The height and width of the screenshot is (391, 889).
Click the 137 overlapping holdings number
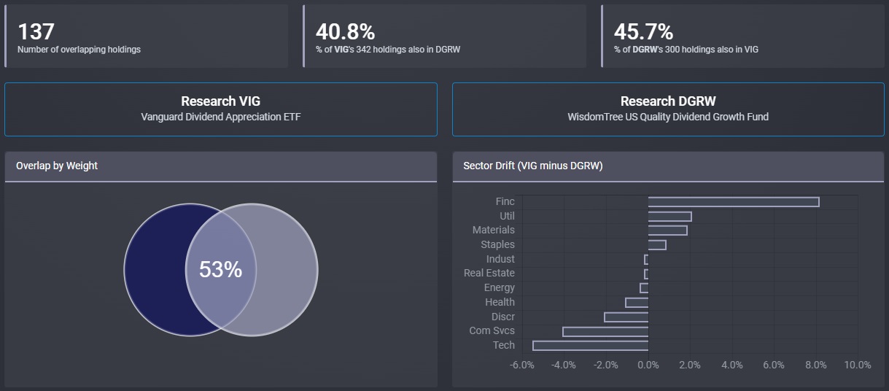36,32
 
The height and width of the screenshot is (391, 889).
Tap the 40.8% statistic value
345,32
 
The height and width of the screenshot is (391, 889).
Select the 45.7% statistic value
643,32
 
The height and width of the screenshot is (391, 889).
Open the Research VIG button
220,109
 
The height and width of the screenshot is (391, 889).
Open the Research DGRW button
668,109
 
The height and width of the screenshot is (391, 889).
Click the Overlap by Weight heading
57,166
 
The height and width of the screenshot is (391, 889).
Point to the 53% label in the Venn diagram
220,270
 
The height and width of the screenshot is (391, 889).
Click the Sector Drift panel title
533,166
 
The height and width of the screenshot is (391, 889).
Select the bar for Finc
733,201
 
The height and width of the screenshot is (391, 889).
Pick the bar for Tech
590,345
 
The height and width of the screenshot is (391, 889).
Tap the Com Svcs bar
605,331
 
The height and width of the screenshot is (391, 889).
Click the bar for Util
669,216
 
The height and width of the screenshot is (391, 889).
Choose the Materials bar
667,231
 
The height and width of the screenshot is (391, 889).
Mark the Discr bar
626,317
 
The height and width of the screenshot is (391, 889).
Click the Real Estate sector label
489,273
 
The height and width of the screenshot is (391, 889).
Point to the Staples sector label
497,244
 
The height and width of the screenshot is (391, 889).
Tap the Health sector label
500,302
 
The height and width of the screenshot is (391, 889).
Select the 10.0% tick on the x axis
858,365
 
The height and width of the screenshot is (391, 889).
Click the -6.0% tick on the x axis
521,365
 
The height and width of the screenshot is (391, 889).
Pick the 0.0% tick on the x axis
648,365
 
